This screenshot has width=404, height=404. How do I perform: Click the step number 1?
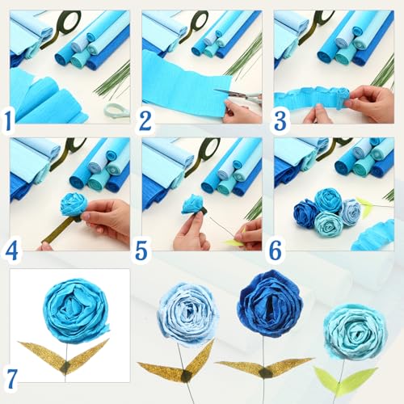click(x=8, y=120)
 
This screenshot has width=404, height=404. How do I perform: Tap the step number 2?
click(x=145, y=120)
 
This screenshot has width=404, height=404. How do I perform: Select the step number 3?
click(x=280, y=120)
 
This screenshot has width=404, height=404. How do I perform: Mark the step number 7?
click(x=10, y=378)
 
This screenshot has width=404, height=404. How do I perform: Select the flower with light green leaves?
click(x=355, y=332)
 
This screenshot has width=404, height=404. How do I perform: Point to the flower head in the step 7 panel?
click(x=76, y=310)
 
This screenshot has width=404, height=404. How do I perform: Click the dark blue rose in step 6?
click(x=306, y=213)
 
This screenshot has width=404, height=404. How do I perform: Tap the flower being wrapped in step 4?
click(x=74, y=204)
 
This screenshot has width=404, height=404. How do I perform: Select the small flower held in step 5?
click(x=192, y=204)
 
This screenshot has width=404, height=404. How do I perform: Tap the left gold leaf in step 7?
click(x=42, y=354)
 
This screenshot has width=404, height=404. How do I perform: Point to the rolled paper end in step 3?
click(x=343, y=96)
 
